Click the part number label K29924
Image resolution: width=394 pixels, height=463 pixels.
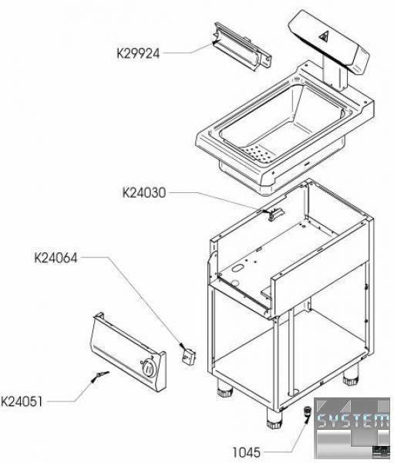click(x=138, y=54)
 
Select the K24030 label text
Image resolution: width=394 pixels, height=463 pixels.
click(x=144, y=193)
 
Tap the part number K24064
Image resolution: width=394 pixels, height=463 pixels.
click(x=56, y=258)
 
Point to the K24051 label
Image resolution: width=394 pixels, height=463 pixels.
click(x=22, y=402)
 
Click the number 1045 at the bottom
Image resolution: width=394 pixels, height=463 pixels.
click(x=247, y=452)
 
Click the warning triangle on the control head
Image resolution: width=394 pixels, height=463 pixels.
click(x=324, y=36)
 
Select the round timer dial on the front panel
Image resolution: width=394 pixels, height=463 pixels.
click(x=148, y=367)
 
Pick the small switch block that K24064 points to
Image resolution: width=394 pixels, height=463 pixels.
click(x=187, y=356)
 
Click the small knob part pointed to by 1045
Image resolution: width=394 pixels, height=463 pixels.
click(x=308, y=411)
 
